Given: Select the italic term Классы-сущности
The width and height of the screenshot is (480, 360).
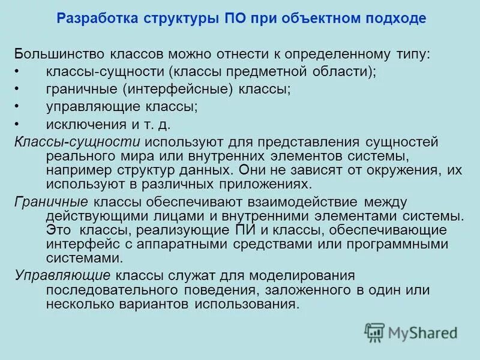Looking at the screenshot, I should tap(77, 143).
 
